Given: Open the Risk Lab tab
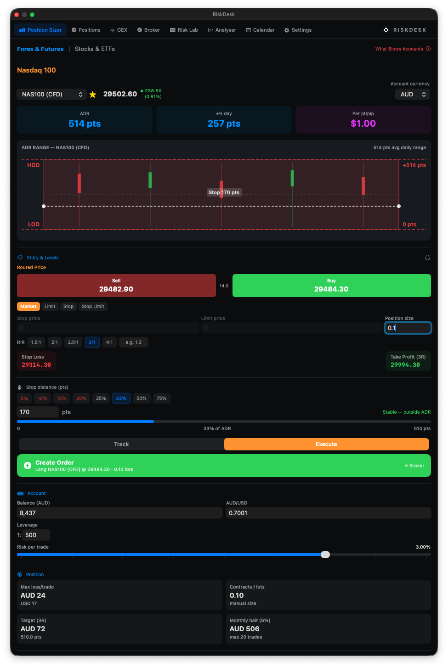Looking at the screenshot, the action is [x=184, y=30].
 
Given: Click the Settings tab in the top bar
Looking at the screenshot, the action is [x=298, y=30].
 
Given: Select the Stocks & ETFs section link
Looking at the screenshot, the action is [x=95, y=49].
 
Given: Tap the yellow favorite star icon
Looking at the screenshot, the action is [x=93, y=95].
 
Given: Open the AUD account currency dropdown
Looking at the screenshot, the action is [x=413, y=95].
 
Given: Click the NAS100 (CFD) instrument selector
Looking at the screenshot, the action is [x=51, y=95].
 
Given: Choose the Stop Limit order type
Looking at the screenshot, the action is [x=93, y=307].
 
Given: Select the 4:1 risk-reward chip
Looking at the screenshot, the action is [x=109, y=342].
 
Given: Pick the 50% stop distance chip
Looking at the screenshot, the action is [x=141, y=399].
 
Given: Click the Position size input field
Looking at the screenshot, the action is [x=408, y=328].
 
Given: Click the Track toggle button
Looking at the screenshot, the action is [x=121, y=444].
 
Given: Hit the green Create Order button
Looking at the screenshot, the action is [x=224, y=466].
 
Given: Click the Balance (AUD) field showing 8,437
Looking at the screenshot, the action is [x=119, y=513].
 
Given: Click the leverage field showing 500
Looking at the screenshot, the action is [x=36, y=535].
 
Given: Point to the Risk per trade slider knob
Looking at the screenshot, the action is [x=325, y=555].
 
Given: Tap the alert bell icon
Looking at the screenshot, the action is [x=427, y=258].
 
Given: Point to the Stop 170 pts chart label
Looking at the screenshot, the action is [x=224, y=193].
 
